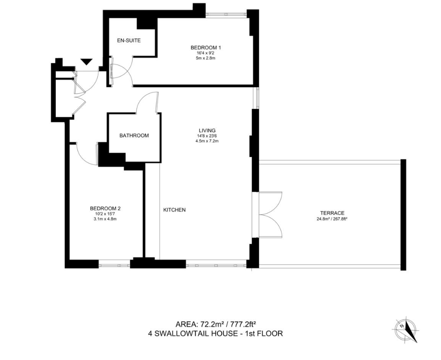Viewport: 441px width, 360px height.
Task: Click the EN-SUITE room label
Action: pos(129,40)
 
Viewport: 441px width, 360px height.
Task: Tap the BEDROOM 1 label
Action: pos(203,47)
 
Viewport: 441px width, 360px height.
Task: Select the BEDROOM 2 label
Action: pos(105,209)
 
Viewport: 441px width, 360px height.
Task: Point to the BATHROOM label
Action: pos(134,135)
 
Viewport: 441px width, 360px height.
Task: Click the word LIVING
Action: pos(207,130)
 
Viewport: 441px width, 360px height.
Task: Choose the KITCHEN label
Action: pos(174,210)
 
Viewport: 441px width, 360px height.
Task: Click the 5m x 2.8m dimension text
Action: pos(203,58)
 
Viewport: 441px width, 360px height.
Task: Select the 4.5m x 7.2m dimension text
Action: pos(207,141)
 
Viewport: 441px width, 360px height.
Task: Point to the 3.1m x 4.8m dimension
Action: pos(105,219)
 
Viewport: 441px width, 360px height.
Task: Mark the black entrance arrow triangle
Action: pos(86,62)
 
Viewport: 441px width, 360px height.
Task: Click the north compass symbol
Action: pos(406,330)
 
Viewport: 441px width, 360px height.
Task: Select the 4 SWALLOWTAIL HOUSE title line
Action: pos(215,334)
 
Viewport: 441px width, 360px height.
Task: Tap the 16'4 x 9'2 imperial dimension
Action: pos(203,53)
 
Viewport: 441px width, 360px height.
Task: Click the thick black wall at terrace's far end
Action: pos(403,215)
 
